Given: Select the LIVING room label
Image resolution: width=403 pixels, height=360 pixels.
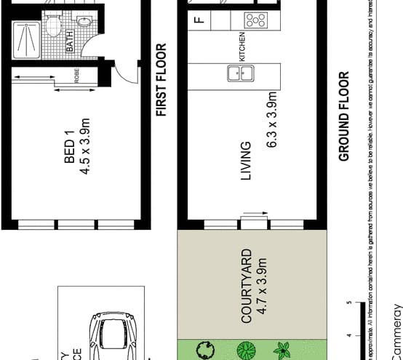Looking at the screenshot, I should click(x=246, y=161).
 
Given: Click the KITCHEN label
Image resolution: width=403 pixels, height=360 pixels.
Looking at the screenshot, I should click(x=243, y=47).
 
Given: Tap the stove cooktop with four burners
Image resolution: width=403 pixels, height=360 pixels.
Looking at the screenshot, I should click(x=255, y=20).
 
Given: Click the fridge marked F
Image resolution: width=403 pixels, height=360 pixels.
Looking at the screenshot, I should click(x=199, y=20).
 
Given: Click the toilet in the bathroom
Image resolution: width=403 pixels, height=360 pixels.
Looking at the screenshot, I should click(x=53, y=27).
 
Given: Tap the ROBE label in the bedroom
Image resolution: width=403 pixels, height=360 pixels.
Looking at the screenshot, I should click(x=77, y=76).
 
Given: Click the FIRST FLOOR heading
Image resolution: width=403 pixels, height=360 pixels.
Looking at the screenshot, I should click(x=161, y=80).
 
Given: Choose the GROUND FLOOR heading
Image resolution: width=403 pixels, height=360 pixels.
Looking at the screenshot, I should click(x=344, y=116).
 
